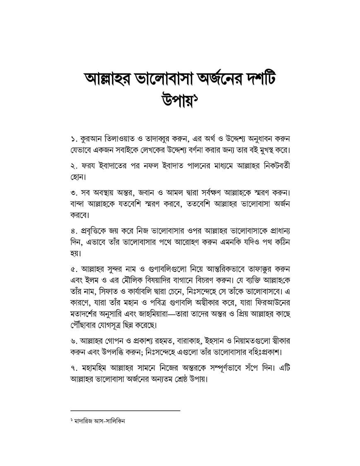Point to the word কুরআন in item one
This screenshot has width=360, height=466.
tap(91, 138)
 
